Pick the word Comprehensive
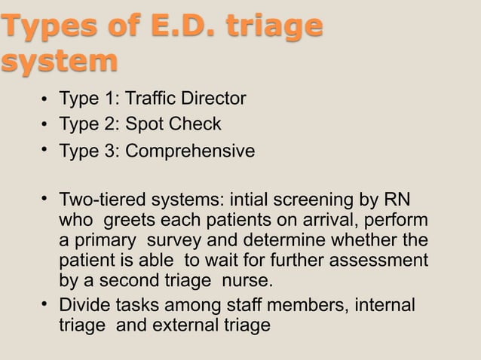(190, 151)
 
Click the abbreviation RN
(397, 201)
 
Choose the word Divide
(84, 307)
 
